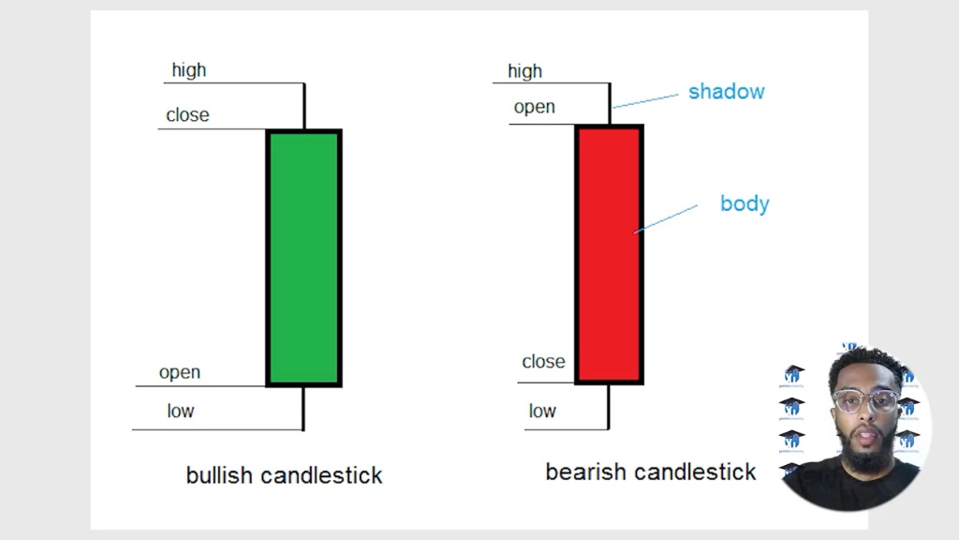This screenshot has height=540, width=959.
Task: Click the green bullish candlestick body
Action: (304, 258)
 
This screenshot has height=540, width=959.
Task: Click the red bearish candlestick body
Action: (609, 254)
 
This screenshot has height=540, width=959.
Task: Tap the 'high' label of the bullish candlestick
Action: (189, 69)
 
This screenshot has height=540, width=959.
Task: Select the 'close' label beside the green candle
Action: (187, 114)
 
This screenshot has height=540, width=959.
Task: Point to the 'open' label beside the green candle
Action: (180, 372)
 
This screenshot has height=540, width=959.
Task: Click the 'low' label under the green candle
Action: (181, 411)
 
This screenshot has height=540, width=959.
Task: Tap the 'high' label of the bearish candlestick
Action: (524, 71)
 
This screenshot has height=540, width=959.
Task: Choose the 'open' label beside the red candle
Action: (535, 107)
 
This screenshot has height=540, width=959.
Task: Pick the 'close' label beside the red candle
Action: (544, 361)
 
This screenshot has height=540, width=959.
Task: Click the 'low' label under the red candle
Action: (542, 411)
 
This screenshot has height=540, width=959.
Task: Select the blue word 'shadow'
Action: (727, 91)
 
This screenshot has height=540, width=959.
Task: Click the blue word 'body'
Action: (745, 203)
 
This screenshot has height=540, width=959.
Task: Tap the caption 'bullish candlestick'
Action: (285, 475)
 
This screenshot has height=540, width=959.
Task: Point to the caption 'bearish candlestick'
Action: (651, 472)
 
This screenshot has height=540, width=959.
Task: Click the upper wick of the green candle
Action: (304, 106)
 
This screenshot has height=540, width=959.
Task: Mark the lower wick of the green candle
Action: (303, 409)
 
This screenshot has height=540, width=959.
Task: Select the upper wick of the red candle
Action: (609, 103)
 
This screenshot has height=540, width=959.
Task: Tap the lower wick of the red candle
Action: (609, 407)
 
